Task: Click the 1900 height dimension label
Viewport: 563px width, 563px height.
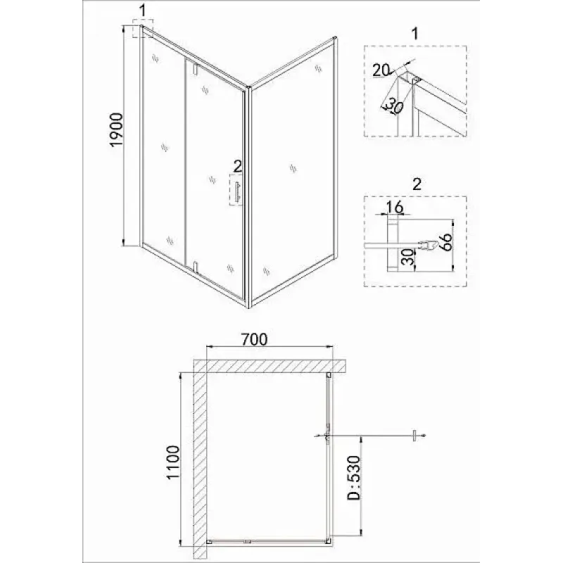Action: coord(117,129)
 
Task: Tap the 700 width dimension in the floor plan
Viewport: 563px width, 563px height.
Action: coord(254,339)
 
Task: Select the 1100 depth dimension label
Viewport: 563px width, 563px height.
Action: coord(172,462)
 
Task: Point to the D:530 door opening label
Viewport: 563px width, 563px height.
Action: coord(354,478)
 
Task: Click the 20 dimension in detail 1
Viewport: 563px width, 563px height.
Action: coord(381,70)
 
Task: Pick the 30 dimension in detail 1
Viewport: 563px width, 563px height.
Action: coord(394,107)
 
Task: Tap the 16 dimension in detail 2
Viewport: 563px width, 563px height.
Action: coord(395,207)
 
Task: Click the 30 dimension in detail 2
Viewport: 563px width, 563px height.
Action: coord(407,256)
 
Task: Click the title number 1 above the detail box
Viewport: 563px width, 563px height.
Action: coord(415,33)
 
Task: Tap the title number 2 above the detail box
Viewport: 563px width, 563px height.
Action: coord(417,184)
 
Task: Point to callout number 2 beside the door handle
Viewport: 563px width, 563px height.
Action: coord(238,166)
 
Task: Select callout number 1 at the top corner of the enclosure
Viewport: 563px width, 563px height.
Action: coord(143,11)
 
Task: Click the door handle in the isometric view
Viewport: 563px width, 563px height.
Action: coord(237,192)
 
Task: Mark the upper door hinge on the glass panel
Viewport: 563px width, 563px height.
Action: coord(195,69)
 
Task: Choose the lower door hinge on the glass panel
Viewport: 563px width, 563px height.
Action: coord(195,267)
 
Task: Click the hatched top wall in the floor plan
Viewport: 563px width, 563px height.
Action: coord(270,366)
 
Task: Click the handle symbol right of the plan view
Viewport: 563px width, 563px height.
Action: coord(415,436)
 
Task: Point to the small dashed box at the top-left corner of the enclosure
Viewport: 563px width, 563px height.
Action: coord(143,28)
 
